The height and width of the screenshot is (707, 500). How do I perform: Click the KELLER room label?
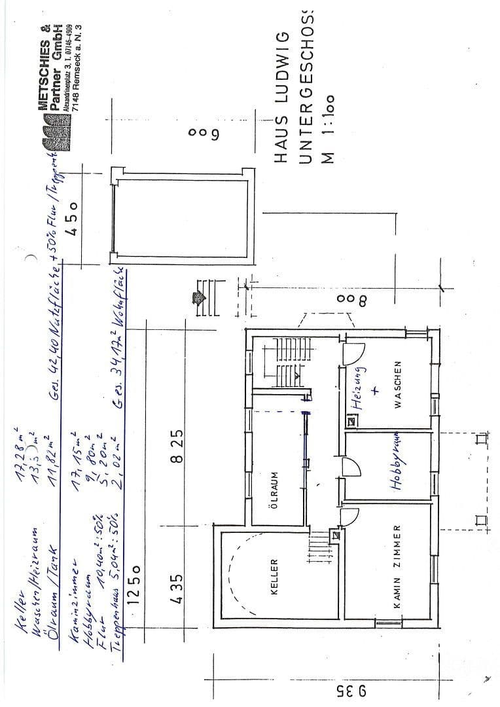tap(274, 576)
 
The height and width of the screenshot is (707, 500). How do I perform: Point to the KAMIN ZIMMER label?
tap(397, 567)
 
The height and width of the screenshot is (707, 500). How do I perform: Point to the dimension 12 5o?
tap(136, 592)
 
